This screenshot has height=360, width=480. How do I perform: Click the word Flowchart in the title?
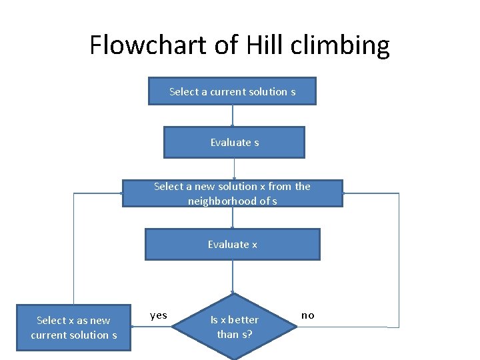pos(147,45)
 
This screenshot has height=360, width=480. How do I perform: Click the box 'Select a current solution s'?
pos(232,91)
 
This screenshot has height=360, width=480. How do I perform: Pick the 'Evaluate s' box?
pos(234,142)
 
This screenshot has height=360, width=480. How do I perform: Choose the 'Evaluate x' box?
pos(232,244)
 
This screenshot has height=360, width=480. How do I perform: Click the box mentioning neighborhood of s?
pos(232,193)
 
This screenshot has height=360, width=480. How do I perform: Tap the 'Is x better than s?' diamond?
pos(234,327)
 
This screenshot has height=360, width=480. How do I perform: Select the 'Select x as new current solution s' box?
pos(73,327)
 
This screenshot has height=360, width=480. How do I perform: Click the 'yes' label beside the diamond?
pos(159,315)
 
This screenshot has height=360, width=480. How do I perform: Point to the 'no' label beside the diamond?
pos(307,315)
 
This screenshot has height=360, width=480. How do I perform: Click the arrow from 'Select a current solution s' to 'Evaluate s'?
pos(232,115)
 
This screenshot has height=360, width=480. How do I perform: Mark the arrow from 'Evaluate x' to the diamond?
pos(232,276)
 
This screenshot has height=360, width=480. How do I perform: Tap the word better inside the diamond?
pos(243,319)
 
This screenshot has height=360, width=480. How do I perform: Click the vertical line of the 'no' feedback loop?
pos(399,260)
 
